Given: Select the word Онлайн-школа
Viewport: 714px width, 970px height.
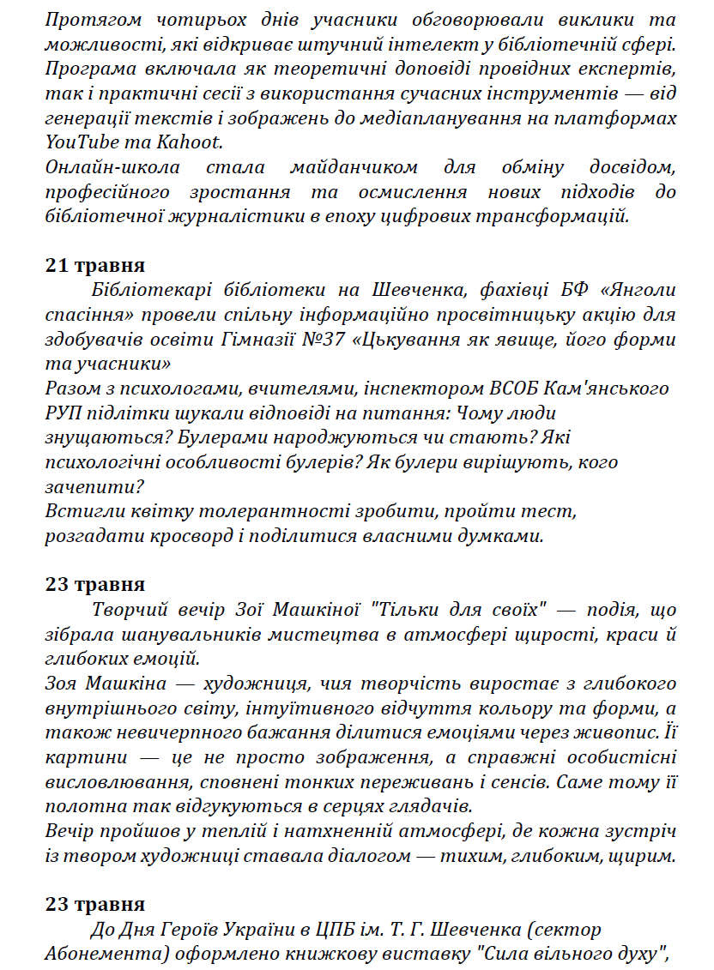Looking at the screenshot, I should pos(102,166).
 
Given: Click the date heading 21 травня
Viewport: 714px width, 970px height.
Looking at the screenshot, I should pos(95,265).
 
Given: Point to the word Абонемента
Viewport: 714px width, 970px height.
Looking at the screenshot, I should pos(100,955).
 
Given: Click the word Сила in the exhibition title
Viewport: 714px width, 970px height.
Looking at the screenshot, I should pos(502,955).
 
